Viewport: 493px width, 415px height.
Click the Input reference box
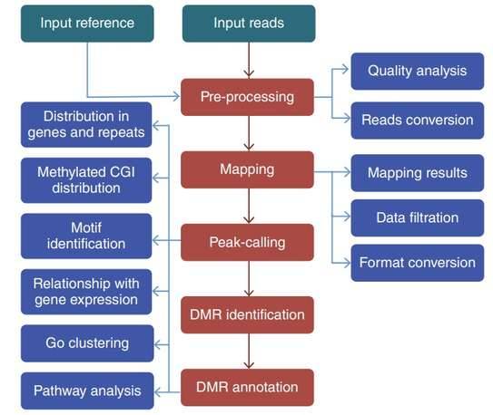pos(86,23)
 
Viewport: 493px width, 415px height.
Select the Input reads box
pos(248,23)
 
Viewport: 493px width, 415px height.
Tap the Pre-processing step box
pos(248,96)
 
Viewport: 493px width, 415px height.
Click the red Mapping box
pos(248,169)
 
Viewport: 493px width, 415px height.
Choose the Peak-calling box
pos(248,242)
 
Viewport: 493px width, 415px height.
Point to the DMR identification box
pos(248,314)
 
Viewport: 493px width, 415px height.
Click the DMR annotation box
pos(248,387)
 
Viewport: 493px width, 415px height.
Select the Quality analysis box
pos(417,71)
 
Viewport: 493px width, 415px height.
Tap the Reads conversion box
pos(417,120)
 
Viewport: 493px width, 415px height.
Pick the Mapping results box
pos(417,172)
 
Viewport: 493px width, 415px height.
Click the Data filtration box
pos(417,217)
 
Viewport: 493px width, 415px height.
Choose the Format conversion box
pos(417,263)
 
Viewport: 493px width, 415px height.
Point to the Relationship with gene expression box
pos(85,291)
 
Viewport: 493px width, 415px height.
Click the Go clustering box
pos(86,343)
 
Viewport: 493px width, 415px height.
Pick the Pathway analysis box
pos(86,391)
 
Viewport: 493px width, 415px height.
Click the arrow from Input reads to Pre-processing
pos(248,60)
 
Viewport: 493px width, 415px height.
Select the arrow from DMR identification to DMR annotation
pos(248,351)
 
